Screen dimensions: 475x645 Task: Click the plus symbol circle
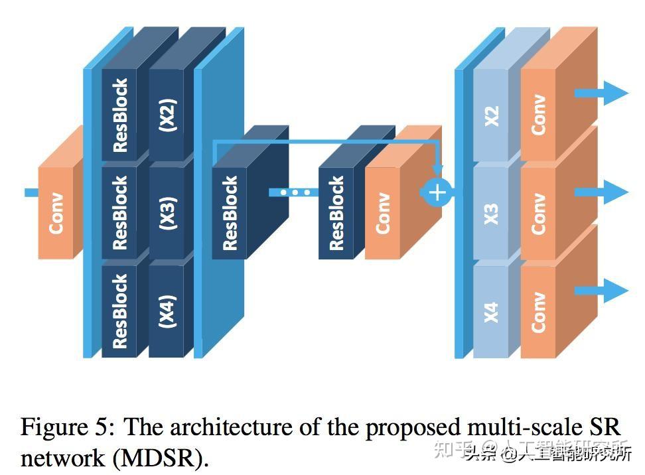pos(437,192)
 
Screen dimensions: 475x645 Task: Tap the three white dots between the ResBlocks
pos(295,192)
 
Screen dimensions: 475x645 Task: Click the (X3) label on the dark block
pos(169,212)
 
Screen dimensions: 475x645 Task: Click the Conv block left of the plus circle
pos(383,212)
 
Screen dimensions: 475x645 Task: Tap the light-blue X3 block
pos(492,213)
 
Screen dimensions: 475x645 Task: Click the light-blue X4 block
pos(492,310)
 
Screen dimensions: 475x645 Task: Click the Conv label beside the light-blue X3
pos(538,213)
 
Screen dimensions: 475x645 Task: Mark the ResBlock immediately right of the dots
pos(336,212)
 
